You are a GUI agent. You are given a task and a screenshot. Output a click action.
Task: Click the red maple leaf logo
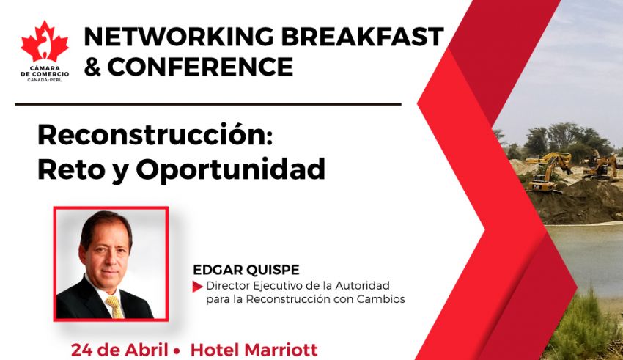(x=45, y=42)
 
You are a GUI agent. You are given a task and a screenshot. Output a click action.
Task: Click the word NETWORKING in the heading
(x=179, y=37)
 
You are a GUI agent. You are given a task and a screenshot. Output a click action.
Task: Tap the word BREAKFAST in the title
(x=362, y=37)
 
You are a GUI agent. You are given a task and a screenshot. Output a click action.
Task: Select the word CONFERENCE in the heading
(x=200, y=67)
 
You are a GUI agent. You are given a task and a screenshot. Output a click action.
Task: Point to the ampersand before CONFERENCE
(x=92, y=67)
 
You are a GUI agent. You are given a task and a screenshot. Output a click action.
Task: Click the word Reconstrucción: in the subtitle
(x=155, y=135)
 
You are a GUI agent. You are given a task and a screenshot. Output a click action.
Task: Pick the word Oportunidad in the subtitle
(x=230, y=169)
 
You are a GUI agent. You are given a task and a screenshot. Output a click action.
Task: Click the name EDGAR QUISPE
(x=246, y=270)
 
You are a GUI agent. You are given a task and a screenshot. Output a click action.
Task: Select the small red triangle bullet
(x=197, y=287)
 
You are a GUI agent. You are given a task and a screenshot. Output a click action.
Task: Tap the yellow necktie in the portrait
(x=115, y=306)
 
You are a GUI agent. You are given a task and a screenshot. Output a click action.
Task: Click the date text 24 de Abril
(x=119, y=350)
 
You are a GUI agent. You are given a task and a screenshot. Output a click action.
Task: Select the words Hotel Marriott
(x=254, y=350)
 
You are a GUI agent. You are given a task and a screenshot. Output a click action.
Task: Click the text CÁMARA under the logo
(x=45, y=68)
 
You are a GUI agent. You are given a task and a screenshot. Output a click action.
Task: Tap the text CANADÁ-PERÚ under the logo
(x=45, y=80)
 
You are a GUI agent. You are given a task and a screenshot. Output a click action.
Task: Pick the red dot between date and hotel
(x=177, y=351)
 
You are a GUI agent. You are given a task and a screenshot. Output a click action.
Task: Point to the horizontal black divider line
(x=208, y=105)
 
